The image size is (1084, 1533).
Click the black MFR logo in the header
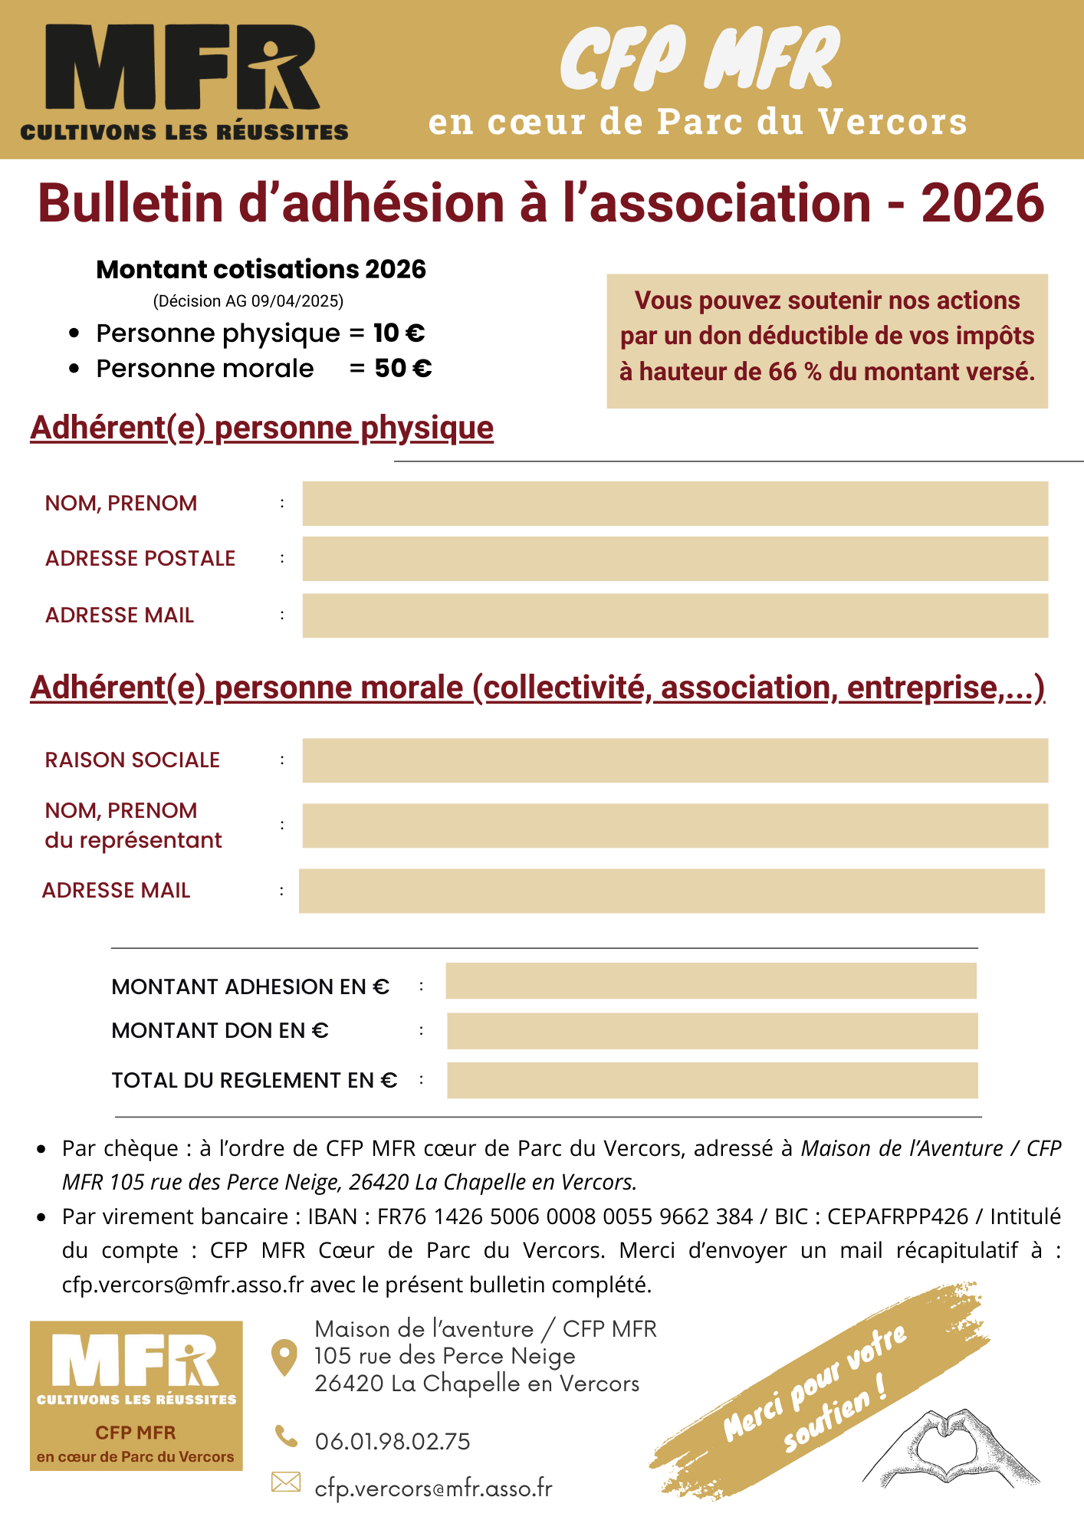[x=184, y=80]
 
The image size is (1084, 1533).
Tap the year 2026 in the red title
[x=982, y=204]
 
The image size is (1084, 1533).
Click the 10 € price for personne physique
[x=399, y=333]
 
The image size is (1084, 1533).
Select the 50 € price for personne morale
[x=403, y=369]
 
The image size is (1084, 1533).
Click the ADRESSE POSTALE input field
[x=675, y=559]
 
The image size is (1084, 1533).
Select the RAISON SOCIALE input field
[x=675, y=760]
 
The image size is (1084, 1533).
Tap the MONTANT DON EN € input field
[x=711, y=1031]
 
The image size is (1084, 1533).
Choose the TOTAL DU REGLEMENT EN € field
[x=711, y=1080]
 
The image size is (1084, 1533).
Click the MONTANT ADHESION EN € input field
[x=711, y=981]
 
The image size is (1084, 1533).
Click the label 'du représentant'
[x=133, y=841]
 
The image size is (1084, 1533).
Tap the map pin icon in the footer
[x=284, y=1357]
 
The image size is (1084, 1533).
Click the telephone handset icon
[x=286, y=1436]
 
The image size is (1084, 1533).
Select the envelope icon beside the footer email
[x=286, y=1482]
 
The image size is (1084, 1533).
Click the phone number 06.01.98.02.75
[x=393, y=1442]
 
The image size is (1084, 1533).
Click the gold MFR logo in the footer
[x=136, y=1395]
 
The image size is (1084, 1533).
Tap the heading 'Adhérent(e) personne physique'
[x=261, y=428]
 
